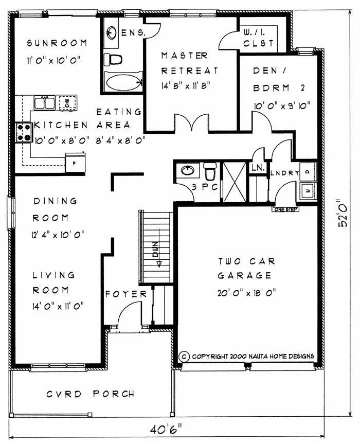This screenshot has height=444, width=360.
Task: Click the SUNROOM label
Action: (57, 43)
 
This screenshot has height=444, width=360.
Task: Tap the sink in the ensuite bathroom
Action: (112, 32)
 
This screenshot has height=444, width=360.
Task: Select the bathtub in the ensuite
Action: (123, 81)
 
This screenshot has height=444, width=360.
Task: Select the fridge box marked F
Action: (73, 164)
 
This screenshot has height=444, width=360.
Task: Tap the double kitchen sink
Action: (44, 103)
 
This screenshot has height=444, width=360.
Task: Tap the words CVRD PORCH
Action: (91, 394)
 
